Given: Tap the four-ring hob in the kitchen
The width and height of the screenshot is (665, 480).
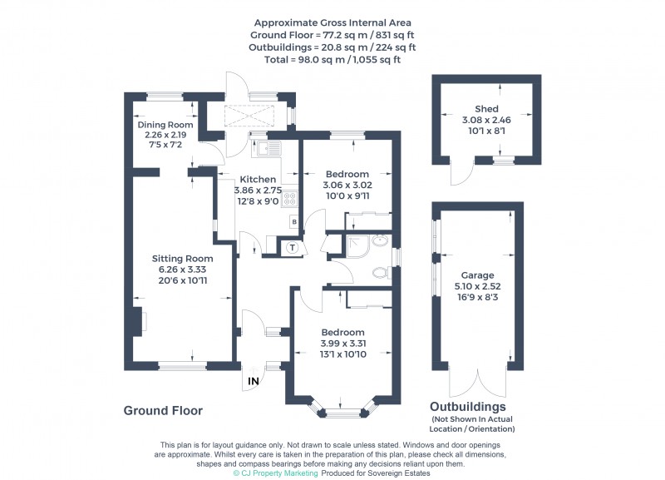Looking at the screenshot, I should [291, 198].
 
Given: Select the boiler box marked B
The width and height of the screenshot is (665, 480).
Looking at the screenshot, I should [293, 221].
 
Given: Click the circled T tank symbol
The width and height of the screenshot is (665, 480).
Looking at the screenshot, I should [292, 247].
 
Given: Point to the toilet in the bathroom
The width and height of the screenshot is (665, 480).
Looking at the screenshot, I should [381, 271].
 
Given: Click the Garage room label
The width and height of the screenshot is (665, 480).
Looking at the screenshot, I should [478, 275].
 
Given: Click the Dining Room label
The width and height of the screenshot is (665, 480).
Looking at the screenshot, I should [165, 125].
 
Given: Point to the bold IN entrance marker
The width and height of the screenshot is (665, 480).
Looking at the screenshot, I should [253, 382].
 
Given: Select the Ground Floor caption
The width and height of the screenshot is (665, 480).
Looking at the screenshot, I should [163, 411].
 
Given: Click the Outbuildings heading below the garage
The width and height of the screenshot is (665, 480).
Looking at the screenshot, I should [467, 407].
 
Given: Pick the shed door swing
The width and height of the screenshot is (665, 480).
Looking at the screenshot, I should [457, 172].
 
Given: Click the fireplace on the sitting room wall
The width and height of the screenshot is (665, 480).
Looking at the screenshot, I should [139, 321].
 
